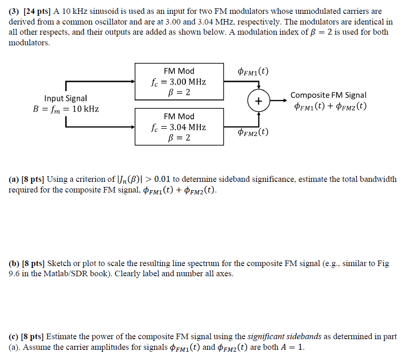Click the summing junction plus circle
(x=258, y=101)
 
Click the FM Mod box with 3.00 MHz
(x=179, y=82)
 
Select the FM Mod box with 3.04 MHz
(x=179, y=127)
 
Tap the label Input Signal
(x=65, y=98)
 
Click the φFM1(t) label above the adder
(x=252, y=71)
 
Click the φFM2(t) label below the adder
(x=252, y=132)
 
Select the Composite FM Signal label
(x=328, y=95)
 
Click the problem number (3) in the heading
(x=14, y=11)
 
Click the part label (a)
(x=14, y=179)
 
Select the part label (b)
(x=14, y=263)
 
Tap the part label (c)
(x=14, y=337)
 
